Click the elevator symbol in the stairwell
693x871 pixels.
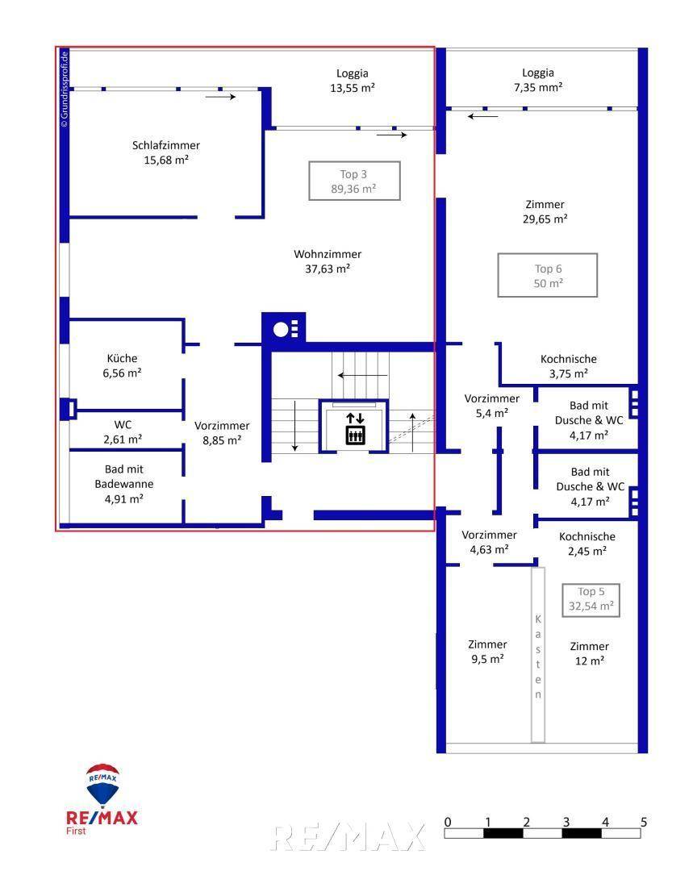coord(355,427)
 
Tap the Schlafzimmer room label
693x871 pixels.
coord(166,152)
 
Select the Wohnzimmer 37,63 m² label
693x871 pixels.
coord(328,261)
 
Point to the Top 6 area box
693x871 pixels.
coord(548,276)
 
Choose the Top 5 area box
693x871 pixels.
coord(591,599)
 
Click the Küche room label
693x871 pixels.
coord(123,365)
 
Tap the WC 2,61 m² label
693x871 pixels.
coord(123,431)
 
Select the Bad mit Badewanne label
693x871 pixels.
coord(124,483)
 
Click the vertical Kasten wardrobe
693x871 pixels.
coord(537,654)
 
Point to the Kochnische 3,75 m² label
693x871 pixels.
coord(568,366)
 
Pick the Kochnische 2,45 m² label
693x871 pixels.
coord(587,544)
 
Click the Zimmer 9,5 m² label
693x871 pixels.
coord(487,651)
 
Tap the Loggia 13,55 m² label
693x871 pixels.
coord(353,80)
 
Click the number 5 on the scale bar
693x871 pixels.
coord(643,823)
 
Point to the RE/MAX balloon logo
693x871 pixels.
coord(103,785)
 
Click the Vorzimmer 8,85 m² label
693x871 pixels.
coord(222,432)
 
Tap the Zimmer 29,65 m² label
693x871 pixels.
coord(545,211)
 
